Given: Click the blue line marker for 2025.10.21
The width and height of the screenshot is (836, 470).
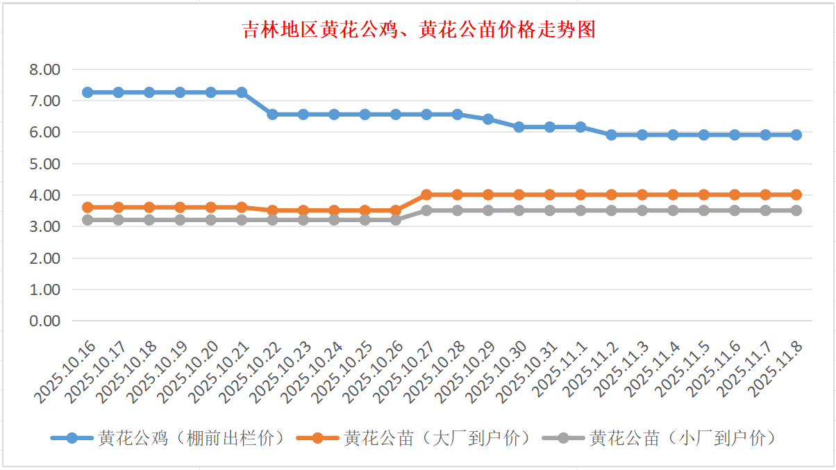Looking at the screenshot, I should coord(242,92).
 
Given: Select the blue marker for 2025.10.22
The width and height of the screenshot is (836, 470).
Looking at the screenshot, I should coord(272,114).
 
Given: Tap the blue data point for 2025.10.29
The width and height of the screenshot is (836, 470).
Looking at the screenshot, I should coord(488,119).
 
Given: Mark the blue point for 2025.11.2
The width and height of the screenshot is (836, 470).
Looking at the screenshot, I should coord(611,135).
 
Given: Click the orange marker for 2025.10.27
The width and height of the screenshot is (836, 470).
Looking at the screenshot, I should coord(426,195).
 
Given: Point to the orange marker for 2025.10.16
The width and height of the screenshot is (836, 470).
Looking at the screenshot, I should coord(87,207).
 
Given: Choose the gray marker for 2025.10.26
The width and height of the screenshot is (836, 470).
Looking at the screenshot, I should coord(396,220).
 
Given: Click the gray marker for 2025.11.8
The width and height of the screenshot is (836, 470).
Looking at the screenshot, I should coord(796,210).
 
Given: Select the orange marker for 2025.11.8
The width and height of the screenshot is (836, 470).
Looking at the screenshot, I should coord(796,195).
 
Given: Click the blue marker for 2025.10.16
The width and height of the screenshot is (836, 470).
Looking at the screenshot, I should coord(87,92).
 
